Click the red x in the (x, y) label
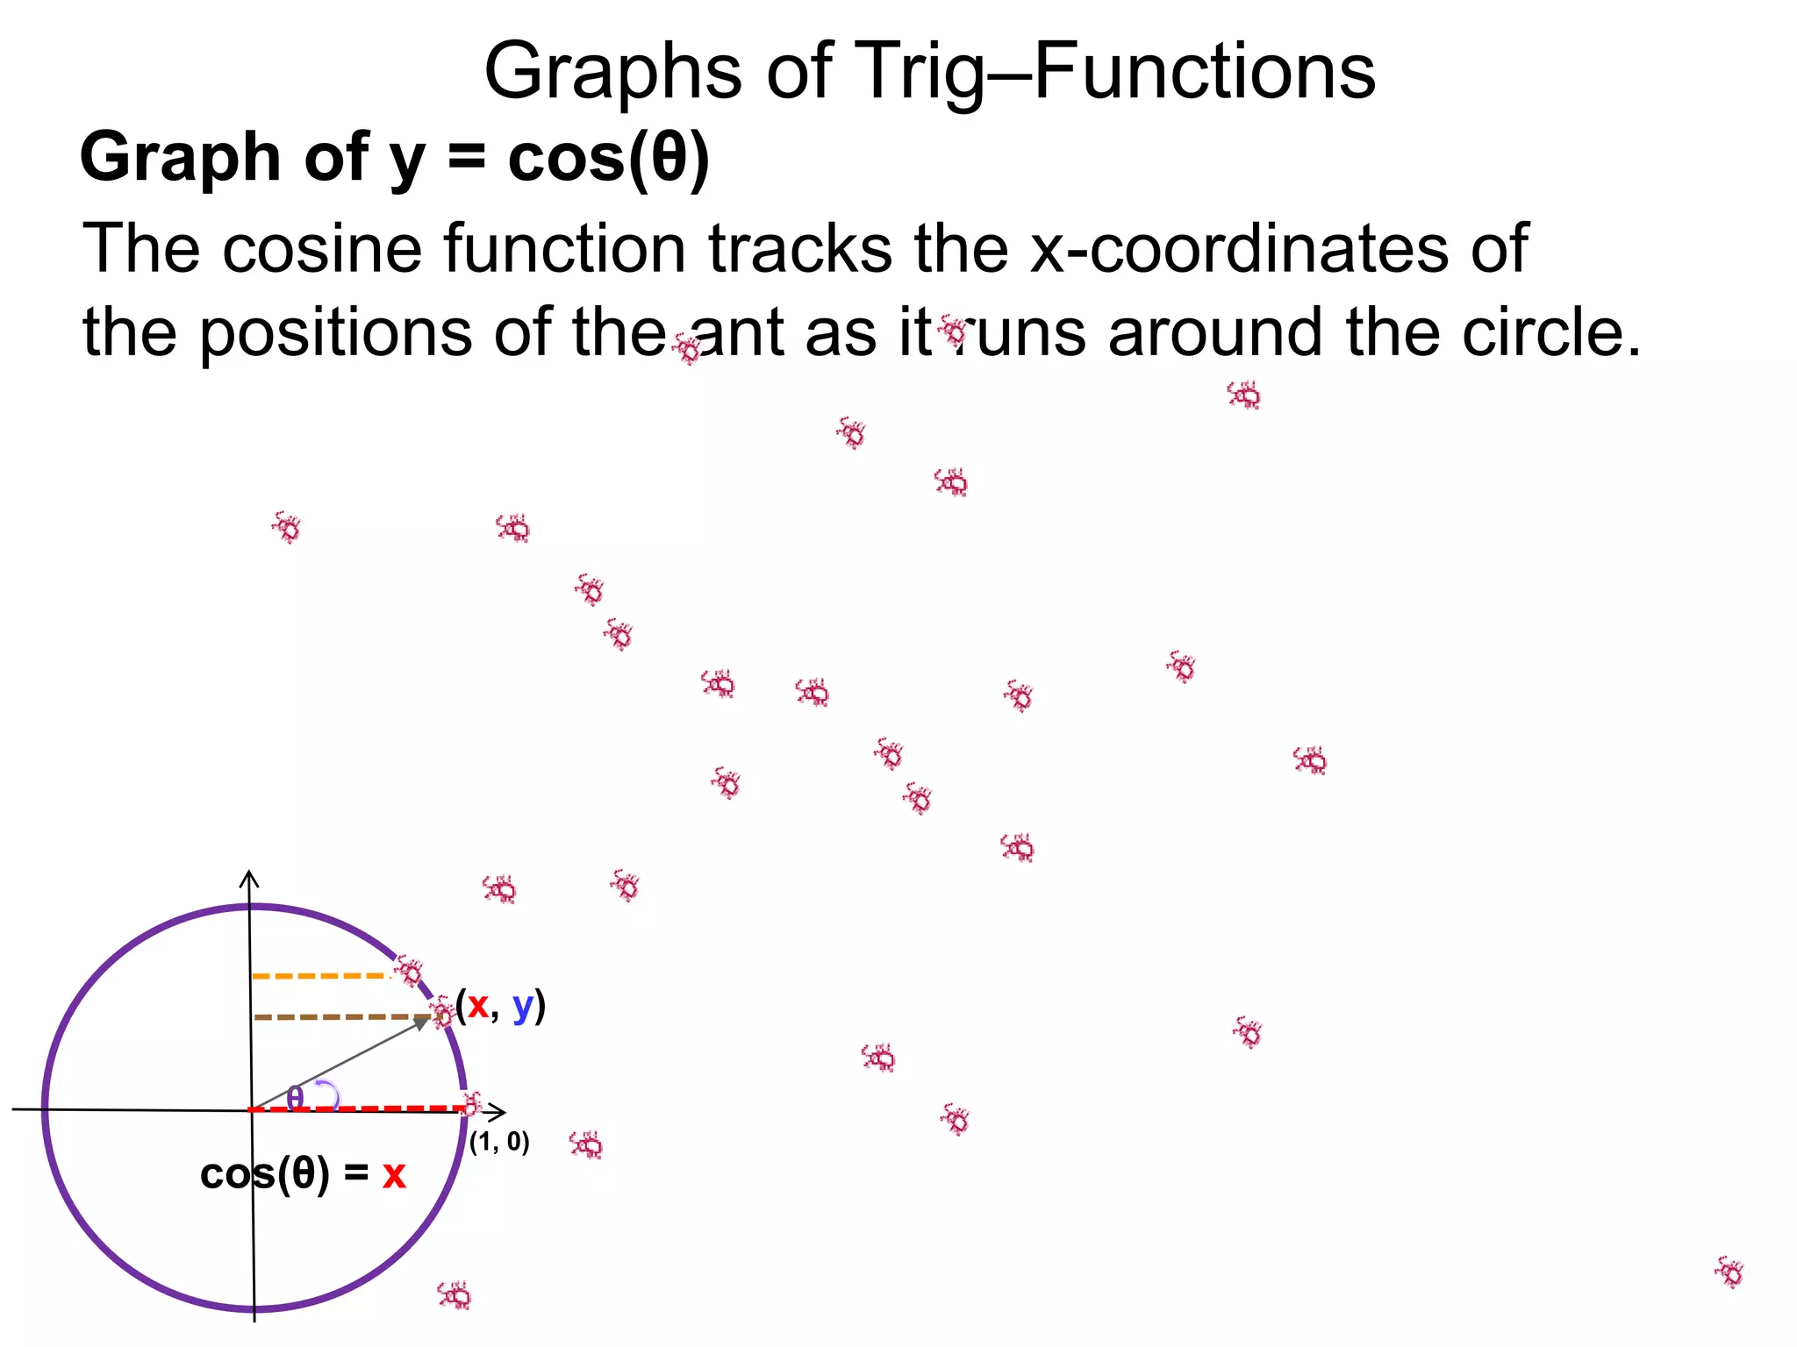pos(477,1006)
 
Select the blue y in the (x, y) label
pos(523,1008)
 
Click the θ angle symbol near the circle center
pos(296,1096)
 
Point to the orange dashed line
pos(320,976)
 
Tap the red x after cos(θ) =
pos(394,1175)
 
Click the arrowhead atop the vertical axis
pos(250,875)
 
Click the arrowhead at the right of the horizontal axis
pos(501,1112)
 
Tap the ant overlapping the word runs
pos(952,331)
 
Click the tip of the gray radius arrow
pos(428,1019)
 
